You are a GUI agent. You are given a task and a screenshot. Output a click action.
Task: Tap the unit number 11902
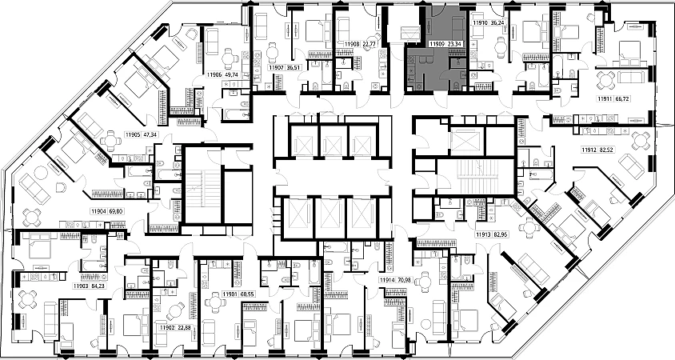(x=166, y=327)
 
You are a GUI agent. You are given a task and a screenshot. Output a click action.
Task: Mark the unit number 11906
(x=214, y=74)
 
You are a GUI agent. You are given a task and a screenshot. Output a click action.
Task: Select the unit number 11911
(x=605, y=98)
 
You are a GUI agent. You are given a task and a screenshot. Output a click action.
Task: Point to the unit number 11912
(x=589, y=149)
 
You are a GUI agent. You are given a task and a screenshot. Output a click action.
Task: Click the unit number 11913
(x=483, y=235)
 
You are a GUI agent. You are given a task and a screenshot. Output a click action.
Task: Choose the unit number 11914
(x=387, y=279)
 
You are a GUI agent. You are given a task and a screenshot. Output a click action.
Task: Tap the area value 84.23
(x=99, y=286)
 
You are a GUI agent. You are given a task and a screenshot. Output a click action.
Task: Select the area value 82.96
(x=503, y=235)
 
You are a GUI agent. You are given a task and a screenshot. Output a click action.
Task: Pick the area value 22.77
(x=369, y=45)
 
